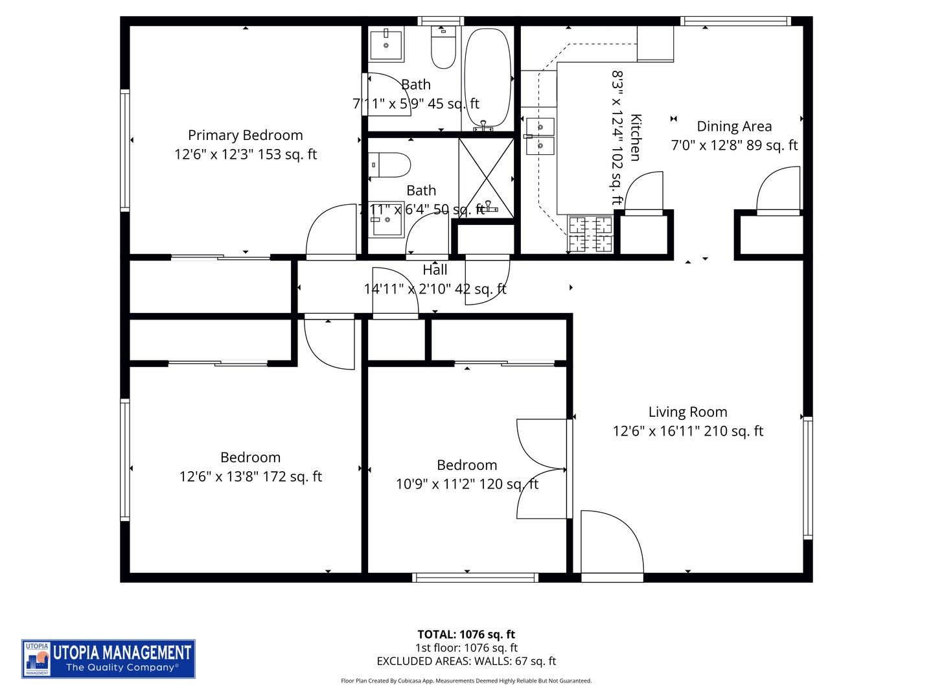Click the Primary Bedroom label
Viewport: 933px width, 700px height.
coord(245,135)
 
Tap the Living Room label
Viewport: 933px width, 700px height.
coord(687,412)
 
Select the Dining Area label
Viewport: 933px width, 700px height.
coord(733,126)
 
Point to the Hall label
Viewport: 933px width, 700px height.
coord(435,270)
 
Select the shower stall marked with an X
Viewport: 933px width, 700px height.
coord(486,177)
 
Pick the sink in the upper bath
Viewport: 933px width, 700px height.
coord(386,44)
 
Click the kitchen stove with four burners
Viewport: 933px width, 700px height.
coord(590,234)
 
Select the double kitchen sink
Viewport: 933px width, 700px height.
coord(540,137)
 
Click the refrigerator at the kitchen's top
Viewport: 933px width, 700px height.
coord(655,43)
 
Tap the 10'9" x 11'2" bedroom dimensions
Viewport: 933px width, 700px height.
coord(466,484)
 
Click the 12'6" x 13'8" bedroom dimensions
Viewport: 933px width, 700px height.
coord(250,476)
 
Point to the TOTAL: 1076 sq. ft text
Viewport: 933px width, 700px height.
coord(466,635)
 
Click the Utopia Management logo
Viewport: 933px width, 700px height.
coord(108,659)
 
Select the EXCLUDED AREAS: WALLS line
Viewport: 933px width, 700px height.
coord(466,661)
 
